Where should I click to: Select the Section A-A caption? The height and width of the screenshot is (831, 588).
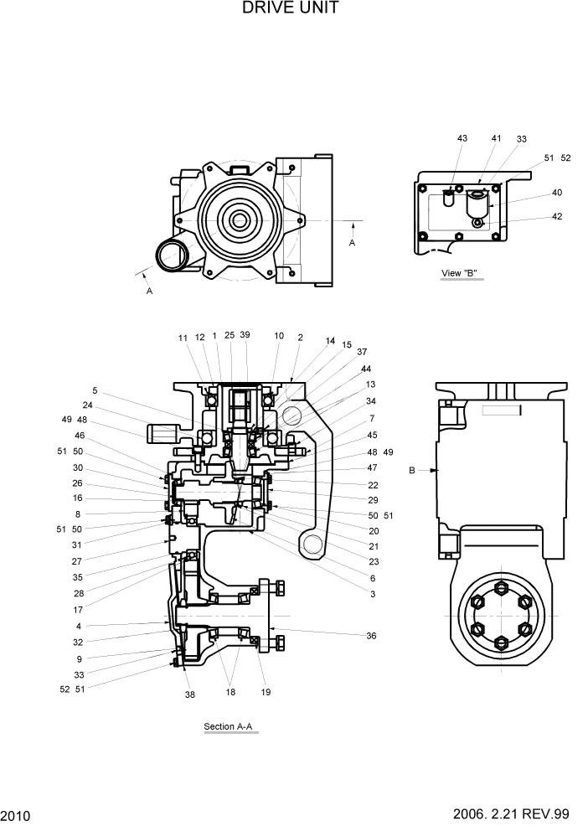pos(230,725)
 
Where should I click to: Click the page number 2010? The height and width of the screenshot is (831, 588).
pos(16,815)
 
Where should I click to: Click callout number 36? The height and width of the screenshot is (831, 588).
pos(371,636)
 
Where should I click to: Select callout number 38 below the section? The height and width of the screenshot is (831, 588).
pos(189,694)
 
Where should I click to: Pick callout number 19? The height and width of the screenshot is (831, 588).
pos(266,693)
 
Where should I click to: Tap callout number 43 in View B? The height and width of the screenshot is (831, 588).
pos(462,138)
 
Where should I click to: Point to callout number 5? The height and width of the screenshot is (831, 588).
pos(95,390)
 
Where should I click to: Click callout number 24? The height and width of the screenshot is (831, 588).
pos(86,405)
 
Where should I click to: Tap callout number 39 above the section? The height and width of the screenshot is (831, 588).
pos(245,335)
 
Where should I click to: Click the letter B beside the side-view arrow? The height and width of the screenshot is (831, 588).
pos(411,471)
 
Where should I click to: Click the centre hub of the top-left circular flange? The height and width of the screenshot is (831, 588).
pos(240,221)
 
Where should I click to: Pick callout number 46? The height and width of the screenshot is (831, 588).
pos(80,436)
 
